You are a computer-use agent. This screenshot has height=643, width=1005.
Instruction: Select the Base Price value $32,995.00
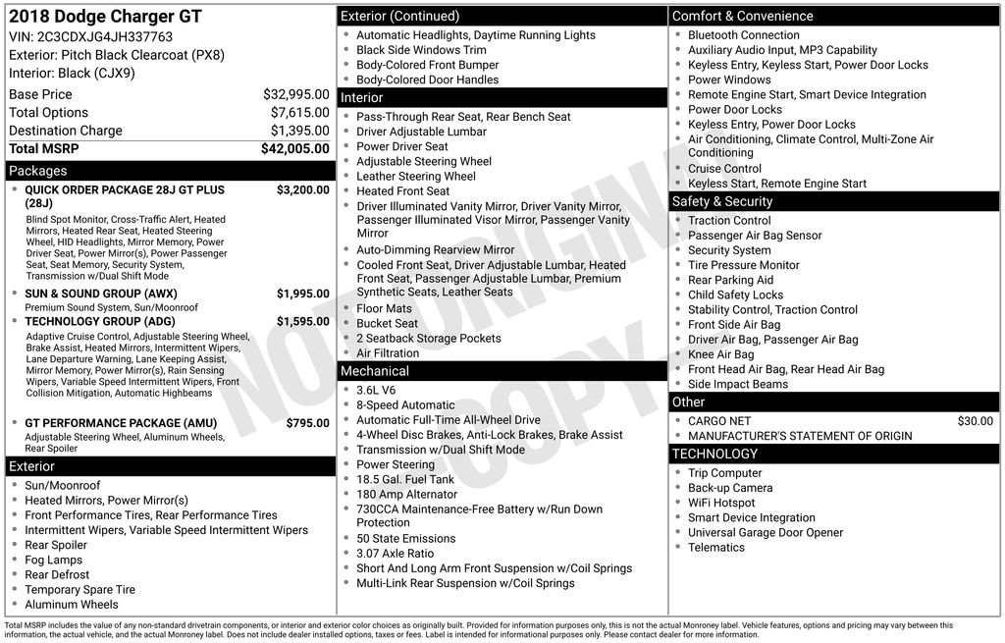tap(295, 94)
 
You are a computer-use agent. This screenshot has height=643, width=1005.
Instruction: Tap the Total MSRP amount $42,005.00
tap(294, 148)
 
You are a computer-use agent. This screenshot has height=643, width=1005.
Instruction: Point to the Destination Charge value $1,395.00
tap(299, 131)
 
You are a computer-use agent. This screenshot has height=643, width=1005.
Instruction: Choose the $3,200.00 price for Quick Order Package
tap(302, 190)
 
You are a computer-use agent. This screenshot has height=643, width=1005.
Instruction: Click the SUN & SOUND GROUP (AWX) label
tap(101, 294)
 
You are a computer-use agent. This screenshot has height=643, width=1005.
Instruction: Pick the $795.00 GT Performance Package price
tap(307, 423)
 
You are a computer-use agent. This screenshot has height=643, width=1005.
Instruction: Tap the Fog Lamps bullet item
tap(54, 560)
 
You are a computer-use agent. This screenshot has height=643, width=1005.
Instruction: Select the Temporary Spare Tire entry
tap(80, 590)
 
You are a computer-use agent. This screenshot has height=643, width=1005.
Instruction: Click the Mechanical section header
tap(375, 371)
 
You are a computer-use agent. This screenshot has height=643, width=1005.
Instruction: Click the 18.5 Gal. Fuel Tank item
tap(405, 479)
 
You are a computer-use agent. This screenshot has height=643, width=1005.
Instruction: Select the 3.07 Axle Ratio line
tap(395, 554)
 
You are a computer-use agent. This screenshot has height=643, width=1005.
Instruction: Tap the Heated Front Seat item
tap(402, 191)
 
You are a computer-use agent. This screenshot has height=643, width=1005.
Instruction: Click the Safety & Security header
tap(722, 201)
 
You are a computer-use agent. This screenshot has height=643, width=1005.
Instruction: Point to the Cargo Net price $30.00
tap(975, 421)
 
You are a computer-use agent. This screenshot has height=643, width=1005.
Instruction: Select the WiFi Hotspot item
tap(721, 503)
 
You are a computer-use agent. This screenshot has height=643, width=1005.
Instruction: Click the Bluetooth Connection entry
tap(743, 35)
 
